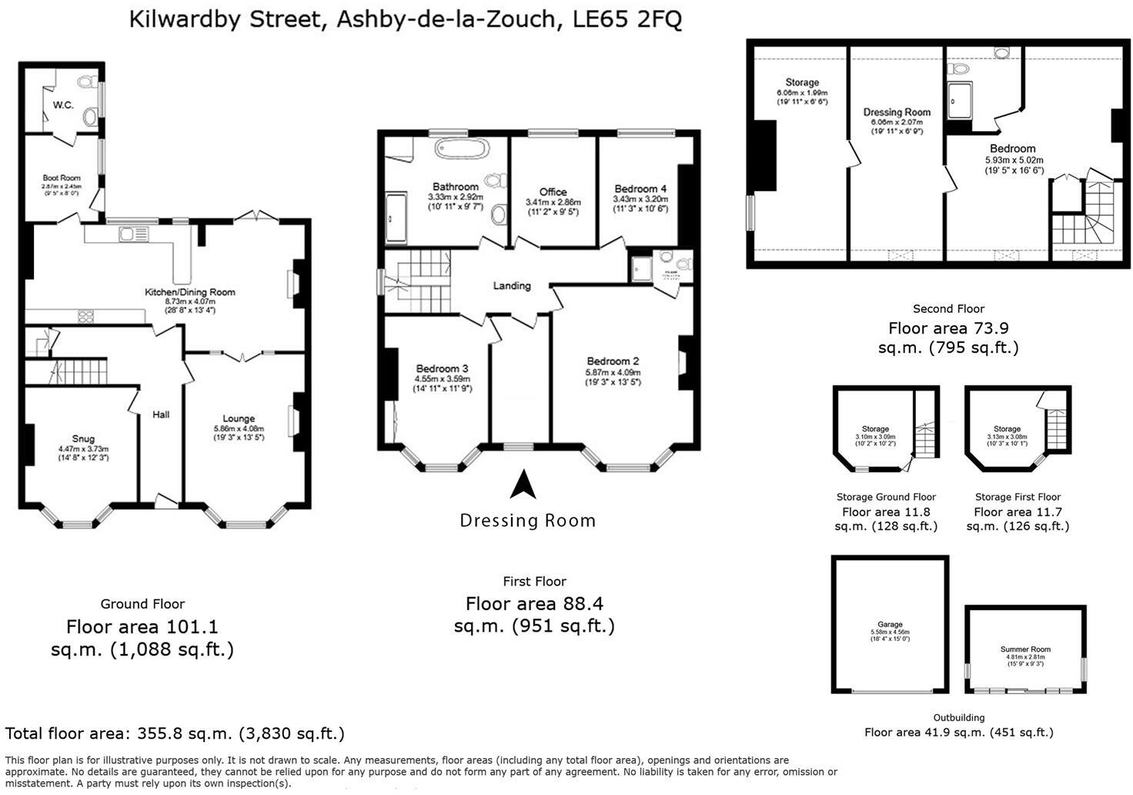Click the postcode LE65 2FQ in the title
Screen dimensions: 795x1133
click(627, 18)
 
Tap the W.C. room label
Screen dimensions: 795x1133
click(63, 105)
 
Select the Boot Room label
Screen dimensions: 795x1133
click(62, 178)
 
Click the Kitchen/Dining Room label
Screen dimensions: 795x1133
click(190, 292)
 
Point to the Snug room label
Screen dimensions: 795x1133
click(83, 438)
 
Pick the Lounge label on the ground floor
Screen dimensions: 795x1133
click(239, 418)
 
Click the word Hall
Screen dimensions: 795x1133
click(161, 414)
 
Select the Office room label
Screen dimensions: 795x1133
click(553, 192)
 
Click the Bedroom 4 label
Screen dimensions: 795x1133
click(640, 189)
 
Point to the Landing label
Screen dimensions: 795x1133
click(512, 286)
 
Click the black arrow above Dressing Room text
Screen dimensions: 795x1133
click(523, 485)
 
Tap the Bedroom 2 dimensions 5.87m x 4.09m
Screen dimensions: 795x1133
click(613, 372)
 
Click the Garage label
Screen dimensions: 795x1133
click(890, 625)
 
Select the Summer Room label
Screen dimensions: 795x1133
click(1025, 649)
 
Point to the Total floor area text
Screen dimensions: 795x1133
click(175, 733)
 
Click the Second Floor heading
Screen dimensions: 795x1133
click(948, 308)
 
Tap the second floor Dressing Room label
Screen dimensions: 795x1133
click(897, 112)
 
